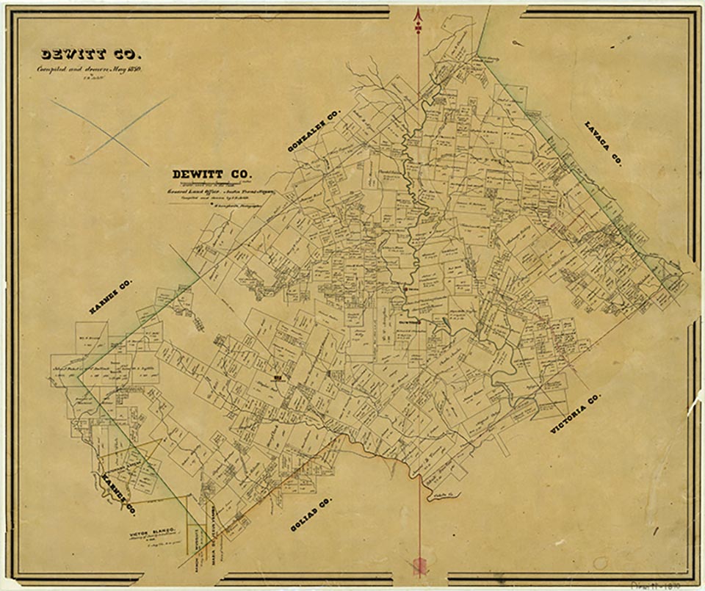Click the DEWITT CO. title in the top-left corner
pyautogui.click(x=92, y=54)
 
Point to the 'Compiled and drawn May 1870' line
pyautogui.click(x=90, y=69)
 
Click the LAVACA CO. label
pyautogui.click(x=603, y=143)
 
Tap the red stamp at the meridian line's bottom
pyautogui.click(x=419, y=565)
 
